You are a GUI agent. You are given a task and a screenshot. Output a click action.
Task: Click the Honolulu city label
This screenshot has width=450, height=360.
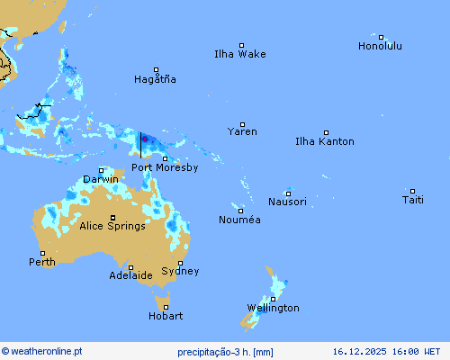[x=380, y=46]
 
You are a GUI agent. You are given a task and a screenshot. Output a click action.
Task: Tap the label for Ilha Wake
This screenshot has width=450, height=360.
[x=240, y=54]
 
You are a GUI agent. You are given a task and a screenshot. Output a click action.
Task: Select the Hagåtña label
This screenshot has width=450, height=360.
[x=155, y=79]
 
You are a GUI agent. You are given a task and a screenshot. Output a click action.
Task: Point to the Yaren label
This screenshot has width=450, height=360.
[x=242, y=131]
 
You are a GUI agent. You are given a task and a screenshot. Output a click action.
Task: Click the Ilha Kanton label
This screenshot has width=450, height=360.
[x=325, y=141]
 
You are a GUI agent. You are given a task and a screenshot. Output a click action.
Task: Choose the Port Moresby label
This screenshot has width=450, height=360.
[x=165, y=167]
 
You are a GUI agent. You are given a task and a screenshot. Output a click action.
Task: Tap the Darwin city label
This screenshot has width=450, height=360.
[x=101, y=179]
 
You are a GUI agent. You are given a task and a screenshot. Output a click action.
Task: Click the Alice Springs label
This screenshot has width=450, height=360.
[x=112, y=226]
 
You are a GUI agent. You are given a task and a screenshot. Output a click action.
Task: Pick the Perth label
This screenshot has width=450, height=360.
[x=41, y=262]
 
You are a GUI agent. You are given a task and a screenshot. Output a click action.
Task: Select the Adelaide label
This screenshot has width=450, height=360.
[x=130, y=275]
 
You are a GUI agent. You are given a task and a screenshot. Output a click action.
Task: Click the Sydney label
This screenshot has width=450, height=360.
[x=180, y=271]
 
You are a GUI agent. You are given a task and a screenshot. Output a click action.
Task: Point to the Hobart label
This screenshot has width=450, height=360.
[x=166, y=316]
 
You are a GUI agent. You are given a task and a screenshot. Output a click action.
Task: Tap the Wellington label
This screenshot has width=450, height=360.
[x=274, y=308]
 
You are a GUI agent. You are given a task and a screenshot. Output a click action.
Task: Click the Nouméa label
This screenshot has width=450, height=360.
[x=239, y=220]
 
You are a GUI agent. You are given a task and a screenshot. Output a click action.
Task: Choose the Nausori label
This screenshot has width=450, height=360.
[x=287, y=202]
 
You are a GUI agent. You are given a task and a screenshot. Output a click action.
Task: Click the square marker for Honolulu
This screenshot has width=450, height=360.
[x=382, y=38]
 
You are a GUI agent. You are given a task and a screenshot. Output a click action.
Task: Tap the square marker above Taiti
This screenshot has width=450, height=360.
[x=413, y=191]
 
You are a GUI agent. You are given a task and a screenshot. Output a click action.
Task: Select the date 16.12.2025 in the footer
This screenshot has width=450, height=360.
[x=358, y=351]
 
